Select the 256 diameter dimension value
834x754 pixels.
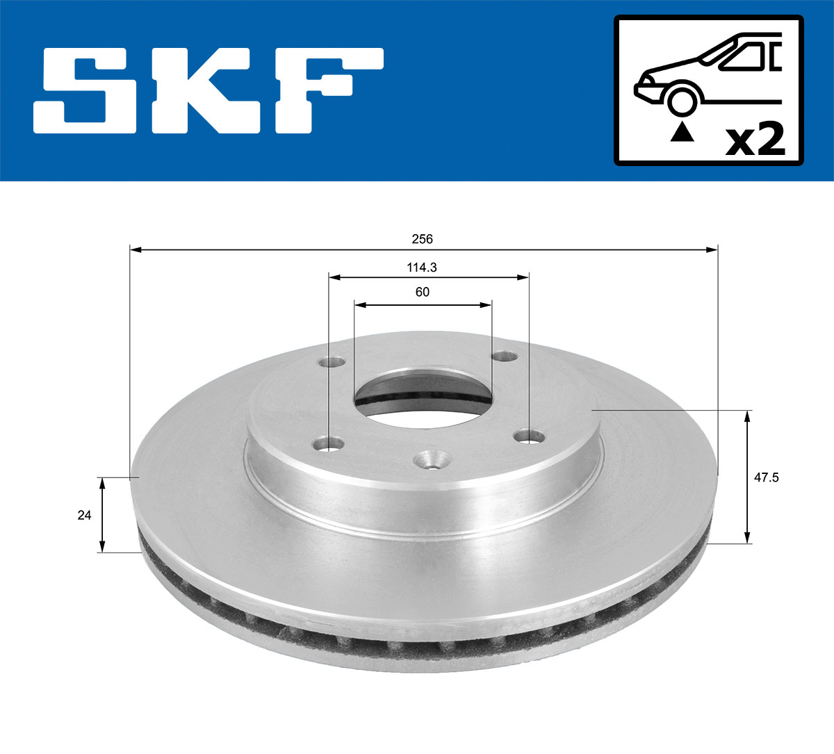[422, 239]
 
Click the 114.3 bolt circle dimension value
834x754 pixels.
[422, 267]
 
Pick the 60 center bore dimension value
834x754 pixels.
[422, 293]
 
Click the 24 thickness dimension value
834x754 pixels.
[84, 515]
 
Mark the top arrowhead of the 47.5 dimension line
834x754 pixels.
[747, 416]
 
